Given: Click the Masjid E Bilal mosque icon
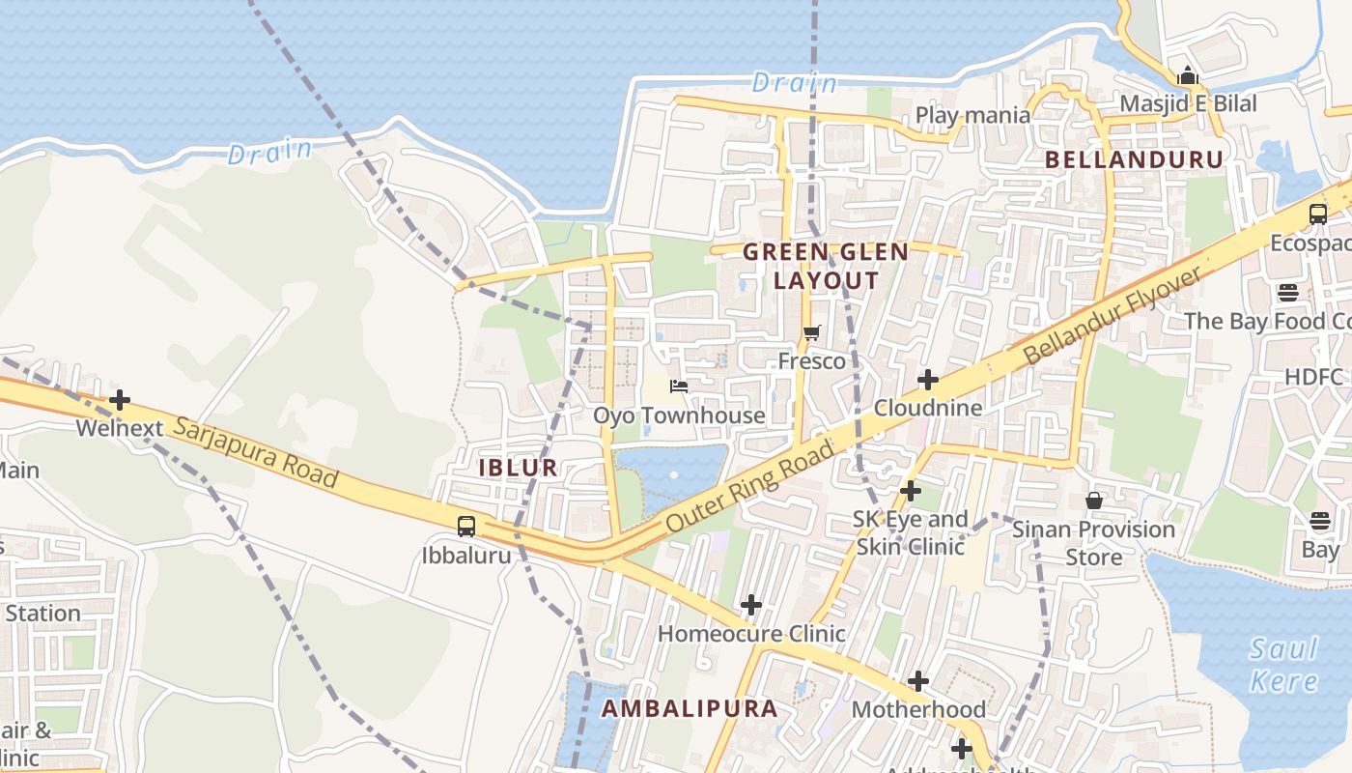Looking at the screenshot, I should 1187,75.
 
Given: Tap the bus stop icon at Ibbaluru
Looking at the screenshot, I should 466,527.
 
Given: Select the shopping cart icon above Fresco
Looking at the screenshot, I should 811,333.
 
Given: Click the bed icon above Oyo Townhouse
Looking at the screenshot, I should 679,386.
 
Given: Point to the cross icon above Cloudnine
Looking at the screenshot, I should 927,380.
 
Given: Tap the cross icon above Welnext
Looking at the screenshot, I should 120,399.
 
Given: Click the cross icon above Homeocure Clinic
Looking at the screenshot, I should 750,606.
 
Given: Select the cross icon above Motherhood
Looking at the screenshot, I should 917,681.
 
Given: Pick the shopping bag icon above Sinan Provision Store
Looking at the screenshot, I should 1093,501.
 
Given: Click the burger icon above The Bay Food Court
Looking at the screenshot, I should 1288,292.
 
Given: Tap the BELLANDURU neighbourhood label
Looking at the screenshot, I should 1134,159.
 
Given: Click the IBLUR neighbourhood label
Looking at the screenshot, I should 519,468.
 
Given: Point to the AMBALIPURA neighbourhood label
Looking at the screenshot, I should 690,708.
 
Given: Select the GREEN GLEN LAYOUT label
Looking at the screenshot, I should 826,267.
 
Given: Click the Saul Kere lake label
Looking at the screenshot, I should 1283,665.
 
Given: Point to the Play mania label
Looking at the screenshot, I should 972,115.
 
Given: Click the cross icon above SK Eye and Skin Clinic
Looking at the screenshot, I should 910,491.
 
